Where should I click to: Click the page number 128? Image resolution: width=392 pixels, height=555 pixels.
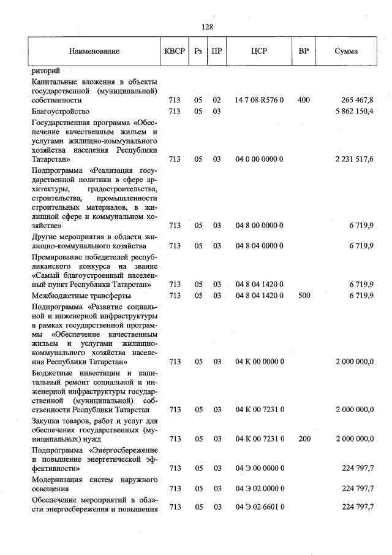tap(206, 26)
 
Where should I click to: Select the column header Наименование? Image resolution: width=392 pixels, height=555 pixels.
tap(94, 52)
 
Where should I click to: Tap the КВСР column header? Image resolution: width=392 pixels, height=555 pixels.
tap(175, 52)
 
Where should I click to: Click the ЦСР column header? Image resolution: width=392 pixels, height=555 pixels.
tap(259, 52)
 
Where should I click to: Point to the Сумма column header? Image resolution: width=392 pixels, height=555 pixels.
tap(347, 52)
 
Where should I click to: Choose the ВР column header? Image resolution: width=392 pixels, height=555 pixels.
tap(303, 51)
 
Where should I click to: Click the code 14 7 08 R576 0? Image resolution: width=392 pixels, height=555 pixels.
tap(259, 100)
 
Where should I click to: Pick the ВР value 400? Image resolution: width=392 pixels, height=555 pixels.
tap(303, 100)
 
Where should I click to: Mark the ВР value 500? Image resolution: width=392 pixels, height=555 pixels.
tap(303, 295)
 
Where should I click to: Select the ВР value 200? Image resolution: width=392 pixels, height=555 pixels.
tap(303, 438)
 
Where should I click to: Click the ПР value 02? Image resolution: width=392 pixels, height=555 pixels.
tap(216, 100)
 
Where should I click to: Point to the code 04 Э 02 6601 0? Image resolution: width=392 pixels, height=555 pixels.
tap(259, 507)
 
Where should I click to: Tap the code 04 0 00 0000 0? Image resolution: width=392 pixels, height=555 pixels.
tap(259, 159)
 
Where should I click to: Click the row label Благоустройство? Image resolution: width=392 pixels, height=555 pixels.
tap(61, 111)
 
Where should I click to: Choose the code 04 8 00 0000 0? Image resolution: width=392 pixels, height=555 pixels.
tap(259, 226)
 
